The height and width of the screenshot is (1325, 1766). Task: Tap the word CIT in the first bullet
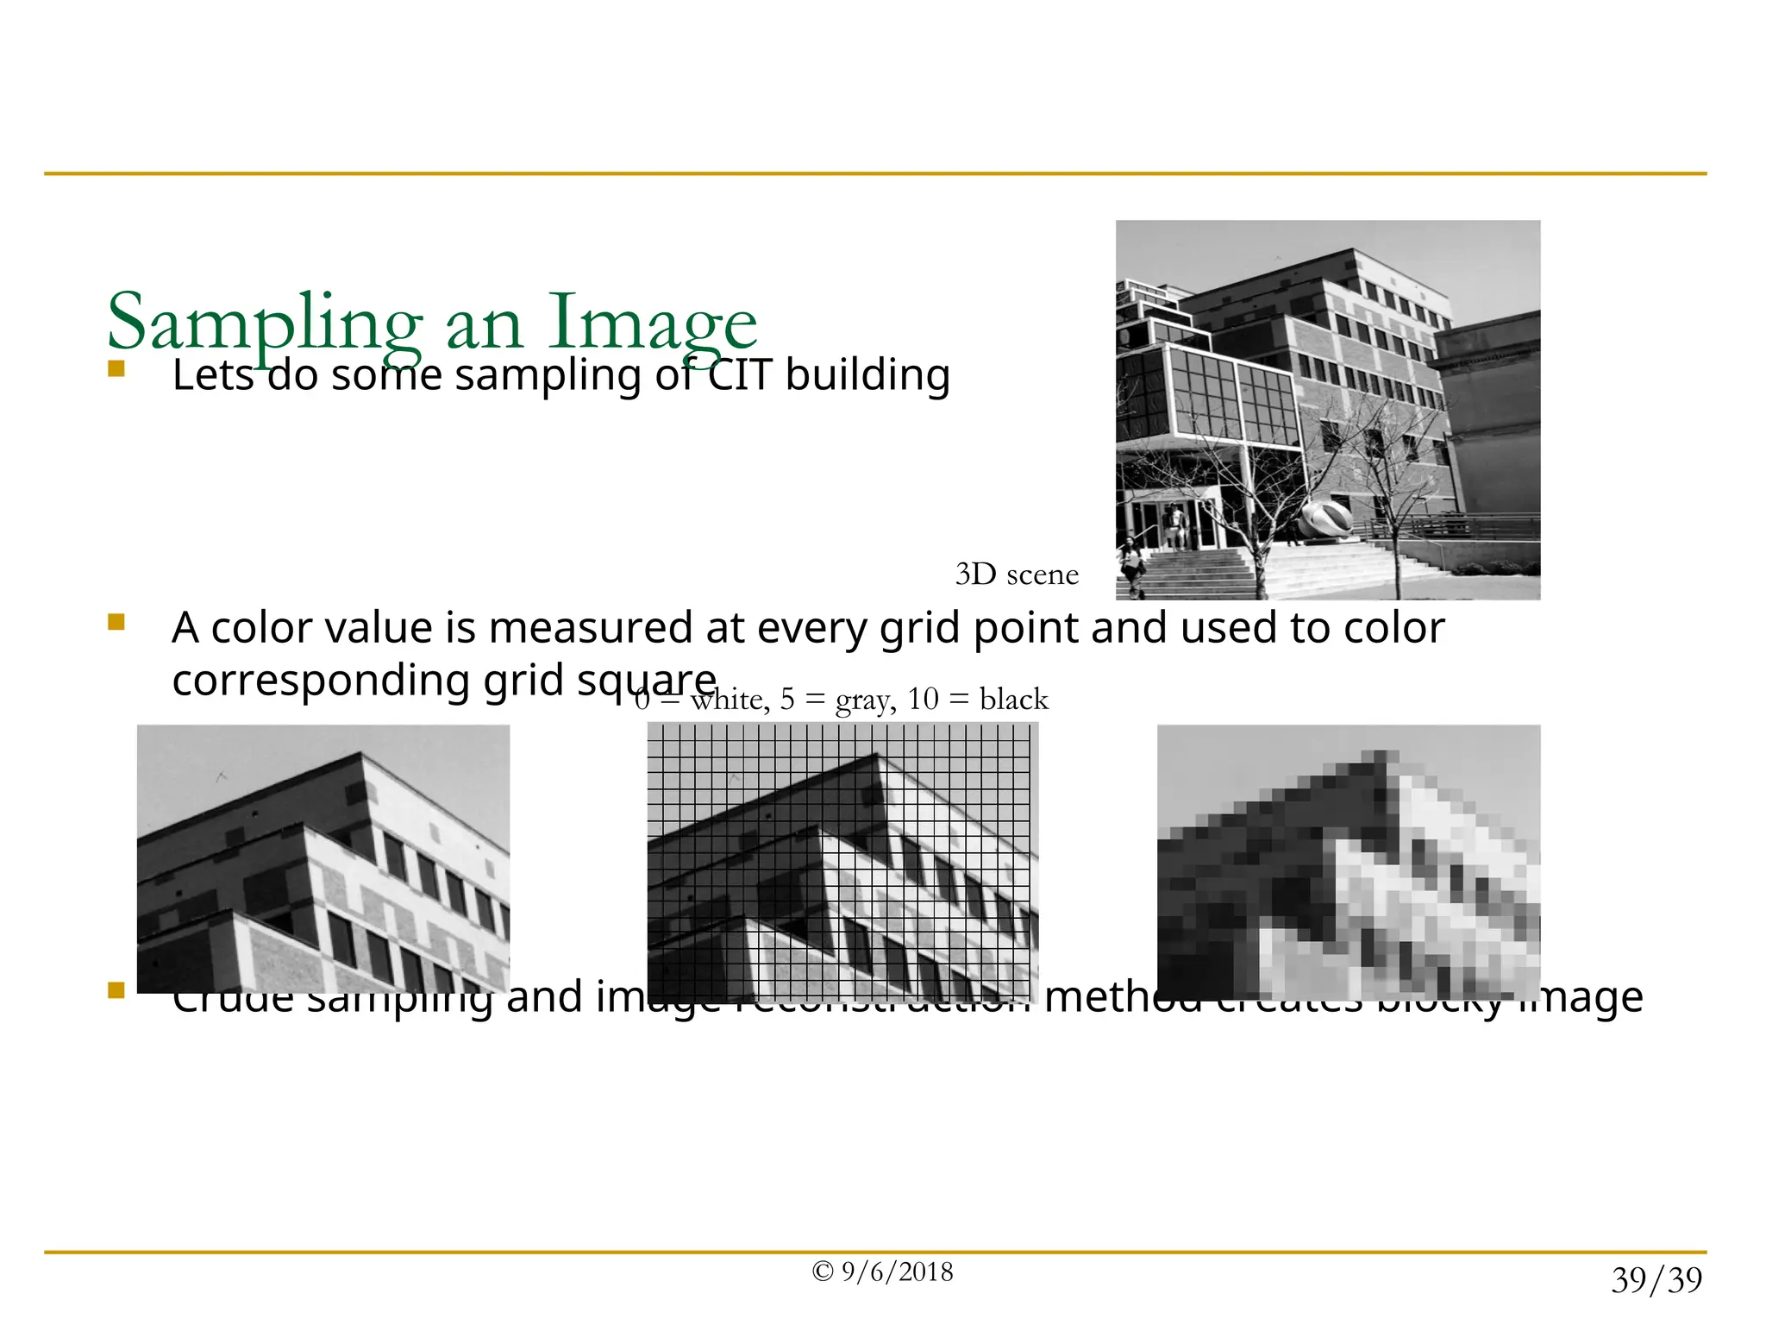pyautogui.click(x=741, y=375)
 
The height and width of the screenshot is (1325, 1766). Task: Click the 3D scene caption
pyautogui.click(x=1017, y=575)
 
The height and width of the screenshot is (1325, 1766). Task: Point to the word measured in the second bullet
pyautogui.click(x=591, y=628)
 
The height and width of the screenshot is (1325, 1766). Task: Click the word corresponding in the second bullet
pyautogui.click(x=320, y=681)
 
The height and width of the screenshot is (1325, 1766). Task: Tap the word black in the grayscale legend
pyautogui.click(x=1014, y=699)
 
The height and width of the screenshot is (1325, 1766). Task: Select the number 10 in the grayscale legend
pyautogui.click(x=922, y=699)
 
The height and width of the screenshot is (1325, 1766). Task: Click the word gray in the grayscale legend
pyautogui.click(x=862, y=700)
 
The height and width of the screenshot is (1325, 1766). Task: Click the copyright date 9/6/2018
pyautogui.click(x=897, y=1272)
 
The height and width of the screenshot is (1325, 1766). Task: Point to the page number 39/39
pyautogui.click(x=1656, y=1280)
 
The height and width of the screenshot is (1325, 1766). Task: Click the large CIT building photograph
pyautogui.click(x=1327, y=410)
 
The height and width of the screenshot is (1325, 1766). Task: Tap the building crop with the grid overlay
pyautogui.click(x=842, y=862)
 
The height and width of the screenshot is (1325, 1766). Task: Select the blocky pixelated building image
pyautogui.click(x=1348, y=862)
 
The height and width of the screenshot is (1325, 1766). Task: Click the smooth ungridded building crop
pyautogui.click(x=323, y=858)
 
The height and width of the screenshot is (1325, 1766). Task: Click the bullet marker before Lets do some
pyautogui.click(x=116, y=370)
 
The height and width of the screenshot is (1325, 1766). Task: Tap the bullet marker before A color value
pyautogui.click(x=116, y=622)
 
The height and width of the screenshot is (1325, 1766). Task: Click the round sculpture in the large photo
pyautogui.click(x=1325, y=520)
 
